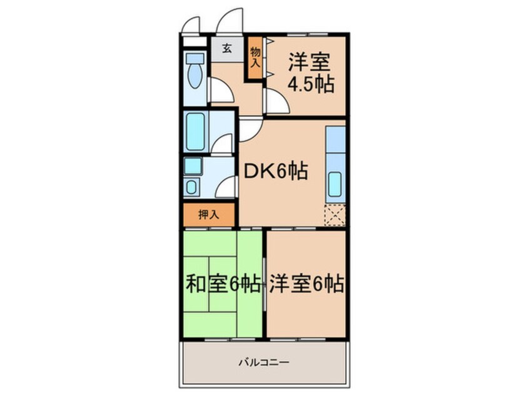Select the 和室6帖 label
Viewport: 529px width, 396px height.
pos(223,284)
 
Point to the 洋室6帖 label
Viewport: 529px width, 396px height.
pos(306,284)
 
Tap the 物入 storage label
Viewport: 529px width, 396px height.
pos(255,57)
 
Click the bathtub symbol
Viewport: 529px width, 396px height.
pos(196,131)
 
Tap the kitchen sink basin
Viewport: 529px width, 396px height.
pos(335,182)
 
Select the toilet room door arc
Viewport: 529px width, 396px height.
pos(220,91)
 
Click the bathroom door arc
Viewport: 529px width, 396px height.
pos(222,144)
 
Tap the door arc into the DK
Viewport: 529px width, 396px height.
pos(248,129)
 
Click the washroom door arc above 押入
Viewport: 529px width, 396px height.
pos(226,186)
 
